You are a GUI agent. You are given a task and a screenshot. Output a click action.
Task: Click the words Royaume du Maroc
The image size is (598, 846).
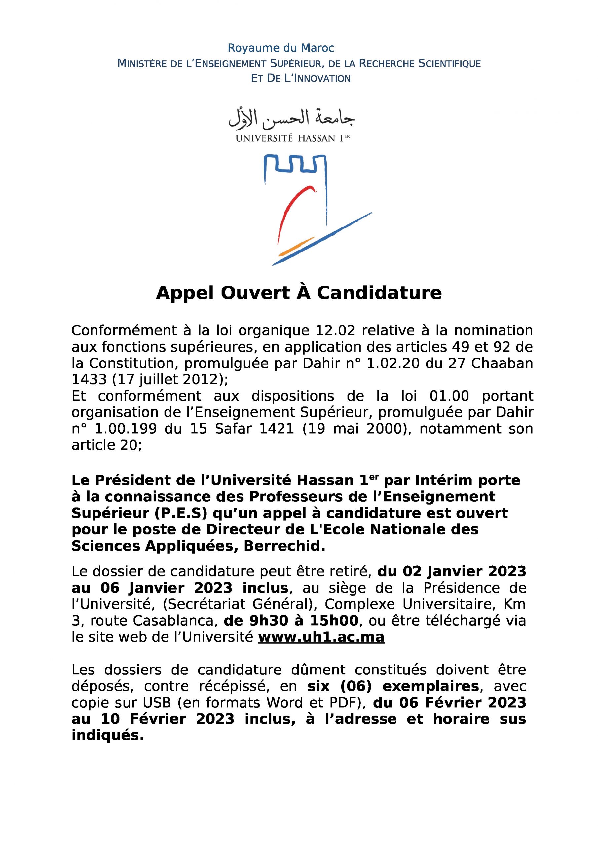[281, 48]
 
